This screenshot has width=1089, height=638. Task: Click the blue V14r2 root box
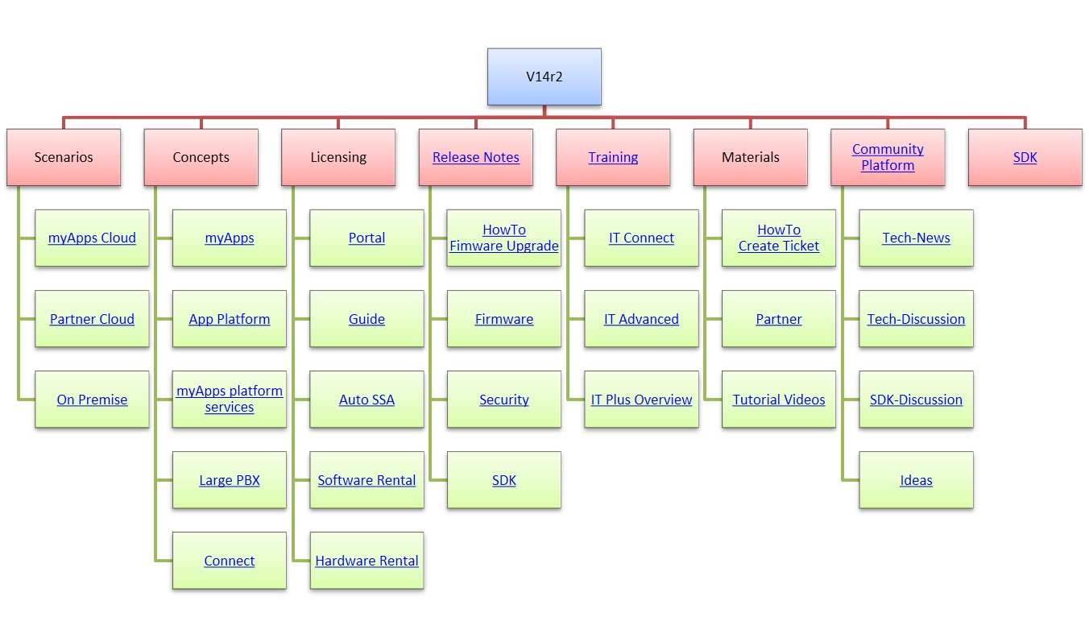(x=544, y=77)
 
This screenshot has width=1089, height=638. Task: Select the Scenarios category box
(x=64, y=157)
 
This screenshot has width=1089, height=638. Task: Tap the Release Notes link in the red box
(x=475, y=157)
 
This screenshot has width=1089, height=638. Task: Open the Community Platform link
(x=888, y=157)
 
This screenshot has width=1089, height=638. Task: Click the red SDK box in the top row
(x=1025, y=157)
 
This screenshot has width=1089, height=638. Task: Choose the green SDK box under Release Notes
(x=503, y=480)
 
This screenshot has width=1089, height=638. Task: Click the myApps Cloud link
(x=92, y=238)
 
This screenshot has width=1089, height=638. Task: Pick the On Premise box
(x=92, y=400)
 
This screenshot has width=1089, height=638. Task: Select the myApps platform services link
(x=230, y=399)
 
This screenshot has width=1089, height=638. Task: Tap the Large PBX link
(x=230, y=480)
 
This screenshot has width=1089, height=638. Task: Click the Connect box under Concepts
(x=230, y=561)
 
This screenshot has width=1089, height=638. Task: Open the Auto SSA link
(x=366, y=400)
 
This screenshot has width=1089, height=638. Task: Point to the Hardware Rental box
(x=366, y=561)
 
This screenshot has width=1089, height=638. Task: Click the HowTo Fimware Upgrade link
(x=503, y=238)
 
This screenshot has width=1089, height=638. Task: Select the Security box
(x=503, y=400)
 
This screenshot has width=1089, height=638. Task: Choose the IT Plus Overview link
(x=641, y=400)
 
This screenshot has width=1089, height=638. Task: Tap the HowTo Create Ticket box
(x=778, y=238)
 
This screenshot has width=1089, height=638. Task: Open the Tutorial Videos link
(x=778, y=400)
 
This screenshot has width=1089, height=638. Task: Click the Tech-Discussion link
(x=916, y=318)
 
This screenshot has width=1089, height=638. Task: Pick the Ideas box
(x=916, y=480)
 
